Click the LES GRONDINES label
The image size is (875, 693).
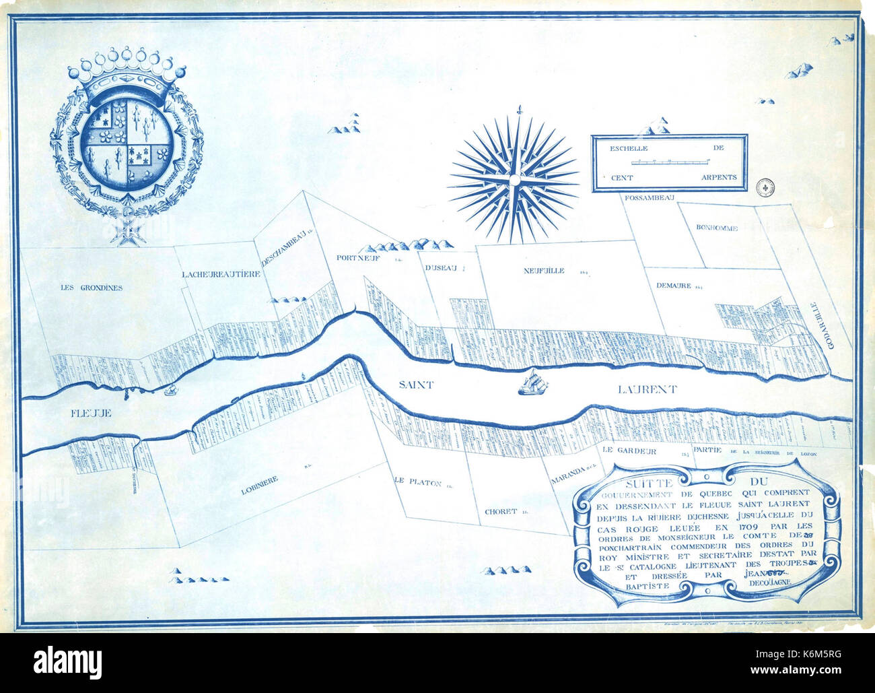coord(92,288)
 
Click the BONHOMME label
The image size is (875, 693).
coord(716,228)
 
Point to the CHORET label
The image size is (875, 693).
coord(501,512)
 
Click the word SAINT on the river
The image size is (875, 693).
coord(415,385)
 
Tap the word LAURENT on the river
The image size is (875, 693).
coord(647,389)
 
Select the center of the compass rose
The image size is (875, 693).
coord(513,179)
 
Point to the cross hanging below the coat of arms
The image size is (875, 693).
coord(125,230)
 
